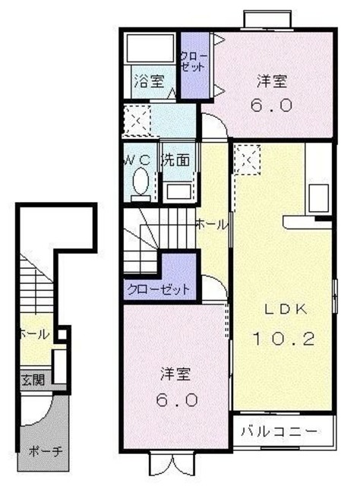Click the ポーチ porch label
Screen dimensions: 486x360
(x=44, y=450)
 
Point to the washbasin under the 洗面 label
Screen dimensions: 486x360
(x=178, y=191)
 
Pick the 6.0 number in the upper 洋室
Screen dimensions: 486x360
(x=272, y=106)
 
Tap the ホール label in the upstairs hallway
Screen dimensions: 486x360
(x=210, y=225)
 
